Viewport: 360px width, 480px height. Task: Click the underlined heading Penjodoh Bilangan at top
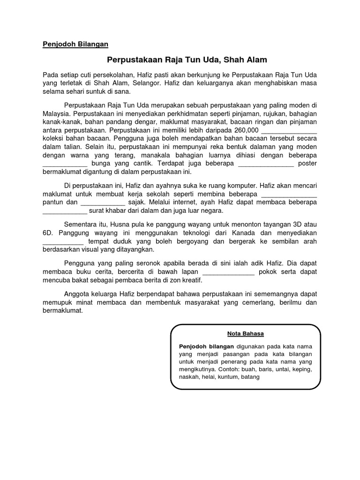pyautogui.click(x=75, y=44)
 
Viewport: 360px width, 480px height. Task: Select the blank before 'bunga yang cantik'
pyautogui.click(x=65, y=164)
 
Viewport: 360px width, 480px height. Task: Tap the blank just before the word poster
pyautogui.click(x=266, y=164)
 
